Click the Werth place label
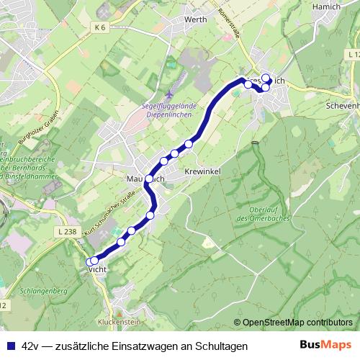(x=195, y=19)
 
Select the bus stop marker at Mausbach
(x=149, y=179)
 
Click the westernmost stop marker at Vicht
(x=89, y=261)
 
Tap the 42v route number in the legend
(x=31, y=346)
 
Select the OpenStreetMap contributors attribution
(x=297, y=323)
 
